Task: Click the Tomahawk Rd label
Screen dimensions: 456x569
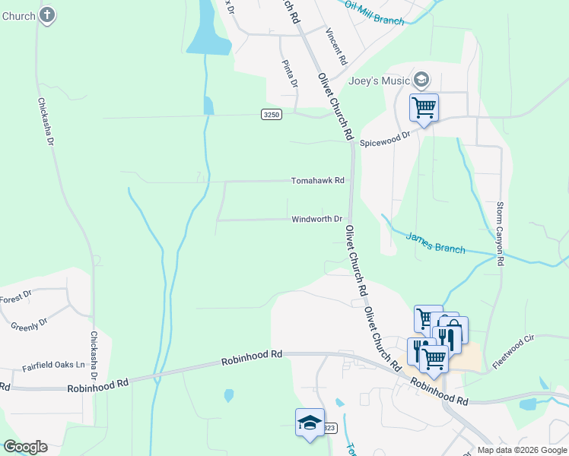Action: (318, 181)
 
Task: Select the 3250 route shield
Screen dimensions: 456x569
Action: (272, 114)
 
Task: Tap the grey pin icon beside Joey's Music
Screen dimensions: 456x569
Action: (421, 80)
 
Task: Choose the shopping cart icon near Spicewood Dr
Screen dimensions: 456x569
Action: (424, 107)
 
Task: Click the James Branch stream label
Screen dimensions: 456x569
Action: (435, 242)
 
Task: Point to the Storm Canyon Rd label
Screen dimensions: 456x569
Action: (500, 233)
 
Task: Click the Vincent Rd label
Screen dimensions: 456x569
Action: (335, 46)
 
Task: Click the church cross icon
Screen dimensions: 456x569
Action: (47, 14)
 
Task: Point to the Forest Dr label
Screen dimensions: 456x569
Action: (15, 297)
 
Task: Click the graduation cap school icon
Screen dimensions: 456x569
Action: (310, 423)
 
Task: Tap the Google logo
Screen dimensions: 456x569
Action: (25, 447)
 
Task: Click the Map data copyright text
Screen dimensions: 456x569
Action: (522, 450)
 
